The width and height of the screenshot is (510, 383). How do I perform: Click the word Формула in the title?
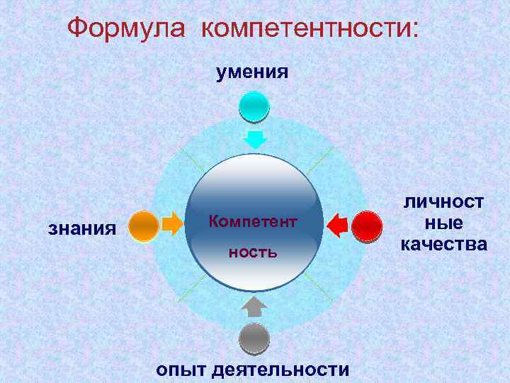128,29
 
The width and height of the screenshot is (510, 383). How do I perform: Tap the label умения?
253,71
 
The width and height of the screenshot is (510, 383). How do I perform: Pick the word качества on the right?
443,245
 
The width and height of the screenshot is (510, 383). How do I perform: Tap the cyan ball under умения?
254,106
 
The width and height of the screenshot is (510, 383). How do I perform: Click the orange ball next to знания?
144,226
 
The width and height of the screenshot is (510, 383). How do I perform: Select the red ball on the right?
368,227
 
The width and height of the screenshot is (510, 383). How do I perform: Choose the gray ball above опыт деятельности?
254,338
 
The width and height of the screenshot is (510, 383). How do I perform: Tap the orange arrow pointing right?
171,225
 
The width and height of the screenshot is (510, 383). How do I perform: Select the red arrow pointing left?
339,226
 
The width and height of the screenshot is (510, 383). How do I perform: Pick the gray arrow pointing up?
254,306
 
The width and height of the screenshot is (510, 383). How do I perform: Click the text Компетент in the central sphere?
253,223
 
